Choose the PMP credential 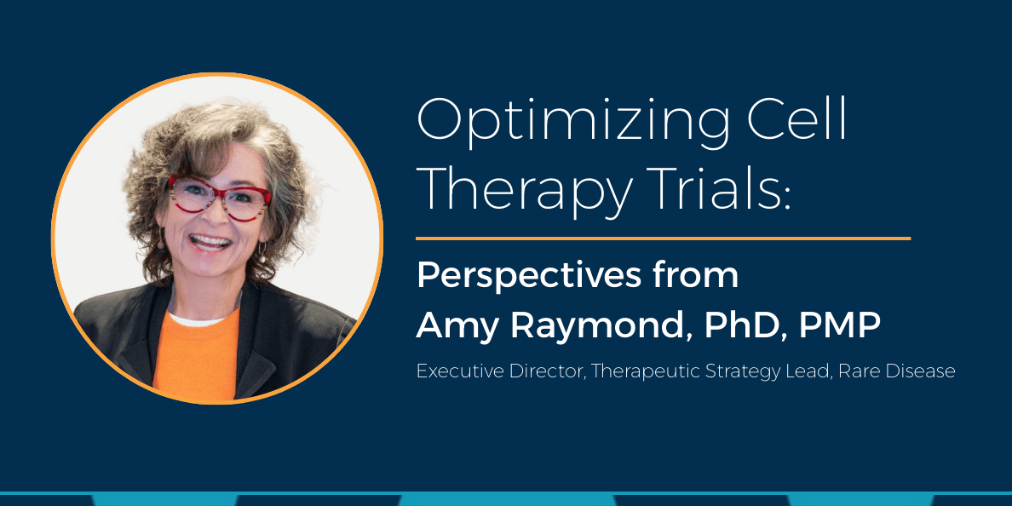click(x=840, y=326)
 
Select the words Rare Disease click(x=897, y=372)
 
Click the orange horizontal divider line click(x=663, y=239)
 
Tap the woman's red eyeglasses click(x=220, y=197)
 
